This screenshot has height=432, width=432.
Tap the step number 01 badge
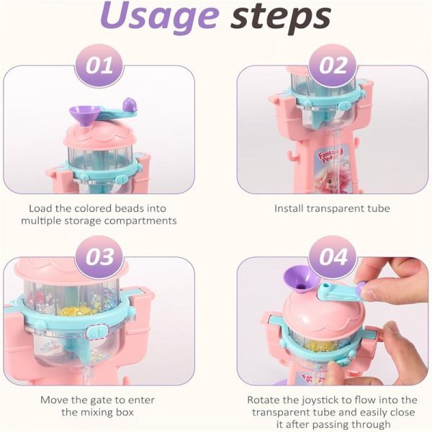pyautogui.click(x=99, y=66)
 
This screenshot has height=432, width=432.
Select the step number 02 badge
pyautogui.click(x=333, y=66)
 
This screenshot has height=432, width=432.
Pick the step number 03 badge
pyautogui.click(x=99, y=257)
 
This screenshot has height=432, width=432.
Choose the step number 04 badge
pyautogui.click(x=333, y=257)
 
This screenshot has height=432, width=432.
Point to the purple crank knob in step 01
pyautogui.click(x=130, y=105)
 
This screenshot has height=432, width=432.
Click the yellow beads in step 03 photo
pyautogui.click(x=76, y=310)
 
